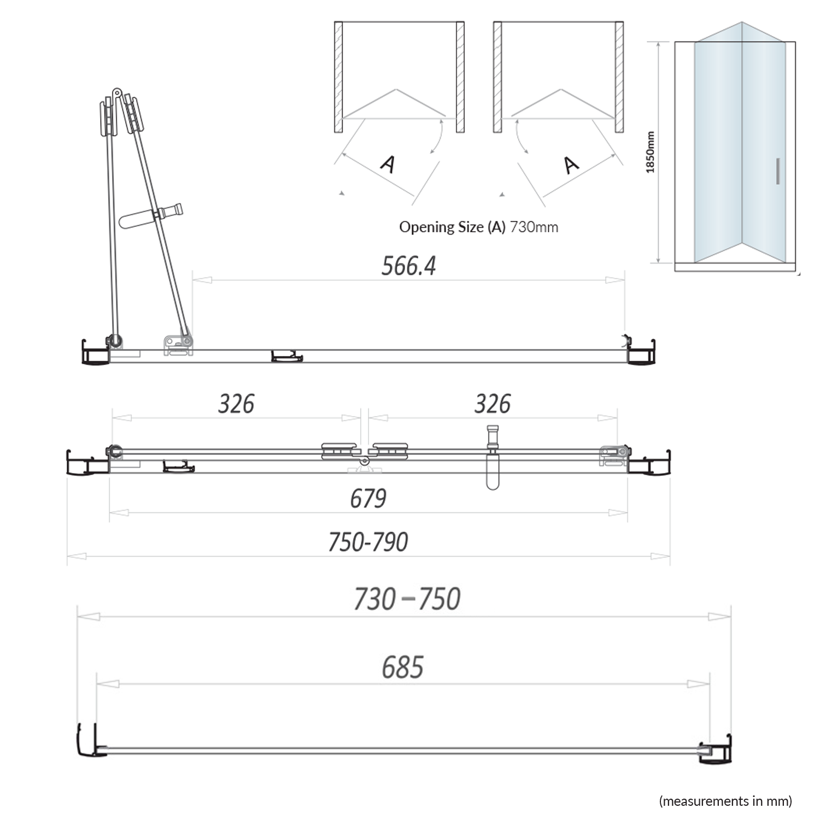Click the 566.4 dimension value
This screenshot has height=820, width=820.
click(408, 266)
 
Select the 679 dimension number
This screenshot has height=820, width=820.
click(368, 499)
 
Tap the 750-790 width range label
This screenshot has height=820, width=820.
click(368, 542)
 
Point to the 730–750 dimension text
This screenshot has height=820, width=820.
click(407, 599)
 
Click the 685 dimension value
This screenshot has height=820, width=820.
click(402, 667)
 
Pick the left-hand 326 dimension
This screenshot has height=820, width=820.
click(236, 404)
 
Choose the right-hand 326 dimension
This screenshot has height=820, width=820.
click(492, 404)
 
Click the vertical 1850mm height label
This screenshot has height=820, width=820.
click(650, 153)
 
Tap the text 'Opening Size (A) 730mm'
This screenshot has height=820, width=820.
click(478, 227)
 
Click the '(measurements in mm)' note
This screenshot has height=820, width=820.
click(725, 801)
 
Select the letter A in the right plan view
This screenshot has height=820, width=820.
click(570, 165)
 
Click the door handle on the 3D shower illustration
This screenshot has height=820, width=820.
click(777, 171)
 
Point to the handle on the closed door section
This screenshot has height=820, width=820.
click(493, 459)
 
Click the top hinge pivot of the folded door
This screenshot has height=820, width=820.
click(116, 93)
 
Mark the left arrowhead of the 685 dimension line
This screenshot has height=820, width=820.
click(108, 684)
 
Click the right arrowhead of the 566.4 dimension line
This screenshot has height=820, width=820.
click(615, 280)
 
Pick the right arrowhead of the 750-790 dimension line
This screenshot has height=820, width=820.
click(660, 557)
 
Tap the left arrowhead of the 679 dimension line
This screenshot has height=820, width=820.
click(119, 513)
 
